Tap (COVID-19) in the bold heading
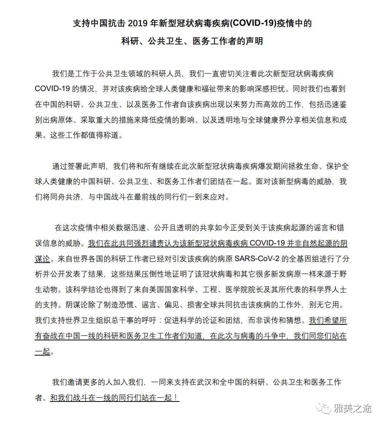point(254,24)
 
